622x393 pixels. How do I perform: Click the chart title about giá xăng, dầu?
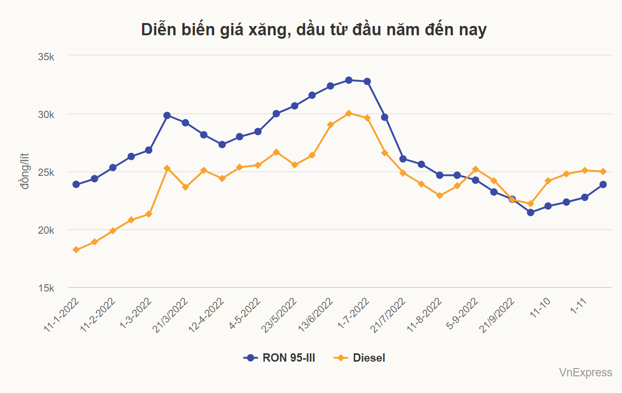[313, 30]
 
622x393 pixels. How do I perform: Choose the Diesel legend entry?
[360, 358]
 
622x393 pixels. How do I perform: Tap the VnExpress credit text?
[585, 373]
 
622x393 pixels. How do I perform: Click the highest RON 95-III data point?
[349, 80]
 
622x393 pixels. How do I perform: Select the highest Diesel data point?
[349, 113]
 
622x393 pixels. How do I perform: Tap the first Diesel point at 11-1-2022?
[76, 250]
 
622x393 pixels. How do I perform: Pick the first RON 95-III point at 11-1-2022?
[76, 184]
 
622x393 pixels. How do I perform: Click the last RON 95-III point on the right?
[603, 184]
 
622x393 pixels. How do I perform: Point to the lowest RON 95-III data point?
[530, 212]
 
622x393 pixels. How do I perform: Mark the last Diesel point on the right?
[603, 172]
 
